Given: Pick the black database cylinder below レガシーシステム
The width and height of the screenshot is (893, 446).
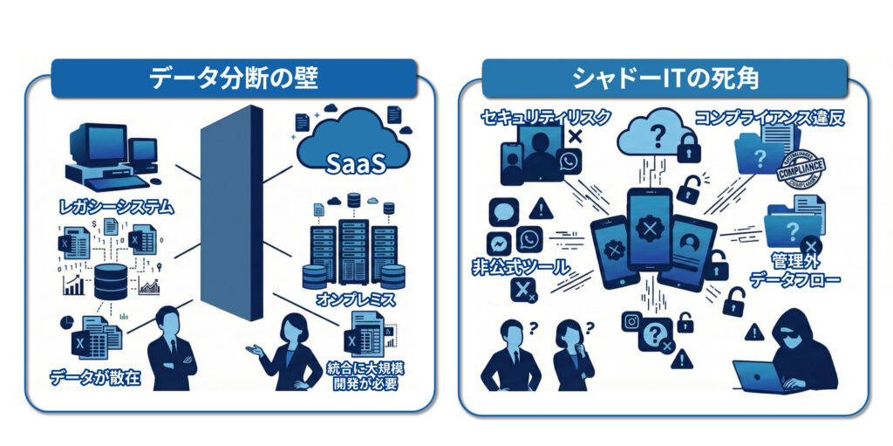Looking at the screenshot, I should pos(111,282).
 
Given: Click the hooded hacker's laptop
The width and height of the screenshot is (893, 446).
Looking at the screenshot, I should pos(757,376).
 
